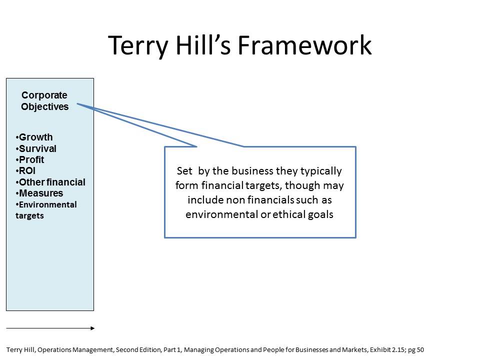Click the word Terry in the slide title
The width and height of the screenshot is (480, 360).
(x=136, y=45)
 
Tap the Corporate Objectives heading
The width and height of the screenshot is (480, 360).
(x=44, y=100)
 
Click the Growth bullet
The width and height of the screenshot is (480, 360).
(x=35, y=137)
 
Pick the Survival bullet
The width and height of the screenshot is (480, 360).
(x=37, y=148)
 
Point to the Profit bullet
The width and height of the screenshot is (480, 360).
(x=31, y=159)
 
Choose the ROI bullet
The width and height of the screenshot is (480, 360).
(x=27, y=171)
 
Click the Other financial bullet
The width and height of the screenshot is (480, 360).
(x=51, y=182)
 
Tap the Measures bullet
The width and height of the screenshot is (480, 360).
(x=40, y=193)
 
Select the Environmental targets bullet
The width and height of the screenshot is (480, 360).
(x=46, y=210)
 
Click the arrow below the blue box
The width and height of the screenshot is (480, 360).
(x=50, y=328)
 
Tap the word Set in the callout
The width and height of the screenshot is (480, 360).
(x=184, y=171)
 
